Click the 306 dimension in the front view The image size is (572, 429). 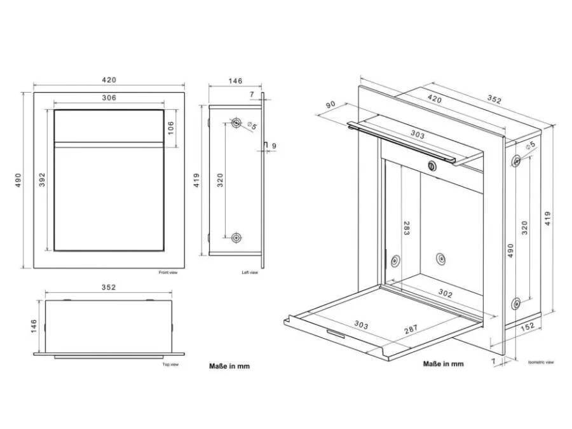point(109,97)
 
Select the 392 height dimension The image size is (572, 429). point(41,180)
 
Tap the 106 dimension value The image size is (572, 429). point(171,128)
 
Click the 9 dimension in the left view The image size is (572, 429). point(274,146)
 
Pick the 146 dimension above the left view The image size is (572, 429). point(235,81)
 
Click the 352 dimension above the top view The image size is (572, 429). point(109,287)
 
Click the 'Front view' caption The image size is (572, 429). point(168,273)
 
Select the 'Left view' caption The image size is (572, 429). point(250,273)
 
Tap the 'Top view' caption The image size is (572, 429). point(170,365)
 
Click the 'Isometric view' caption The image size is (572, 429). point(541,362)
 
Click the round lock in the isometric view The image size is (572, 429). point(432,167)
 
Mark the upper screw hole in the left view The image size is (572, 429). point(236,123)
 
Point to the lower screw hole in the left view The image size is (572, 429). point(236,238)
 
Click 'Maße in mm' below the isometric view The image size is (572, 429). point(443,364)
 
